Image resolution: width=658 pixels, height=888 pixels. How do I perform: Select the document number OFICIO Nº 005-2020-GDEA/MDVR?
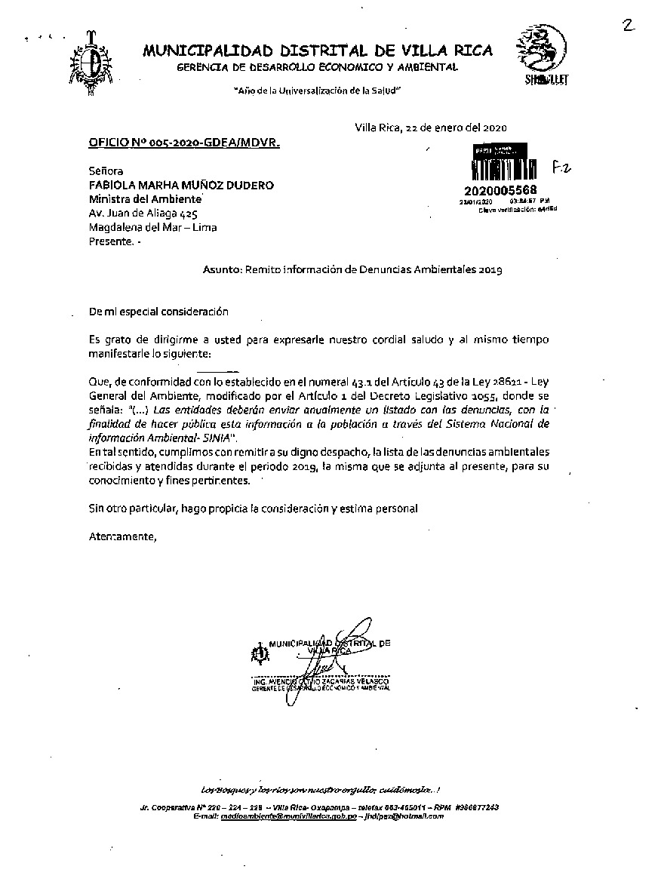(x=183, y=142)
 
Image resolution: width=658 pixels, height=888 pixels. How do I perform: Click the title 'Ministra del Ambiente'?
(x=145, y=199)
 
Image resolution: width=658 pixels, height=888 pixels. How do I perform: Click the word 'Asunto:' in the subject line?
(x=222, y=268)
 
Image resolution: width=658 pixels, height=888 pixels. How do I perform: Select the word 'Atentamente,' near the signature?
(x=122, y=537)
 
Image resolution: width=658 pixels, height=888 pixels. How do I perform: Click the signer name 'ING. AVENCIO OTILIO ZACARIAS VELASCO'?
(x=318, y=682)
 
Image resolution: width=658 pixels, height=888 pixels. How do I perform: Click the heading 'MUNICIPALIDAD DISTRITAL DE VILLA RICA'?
(x=318, y=51)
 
